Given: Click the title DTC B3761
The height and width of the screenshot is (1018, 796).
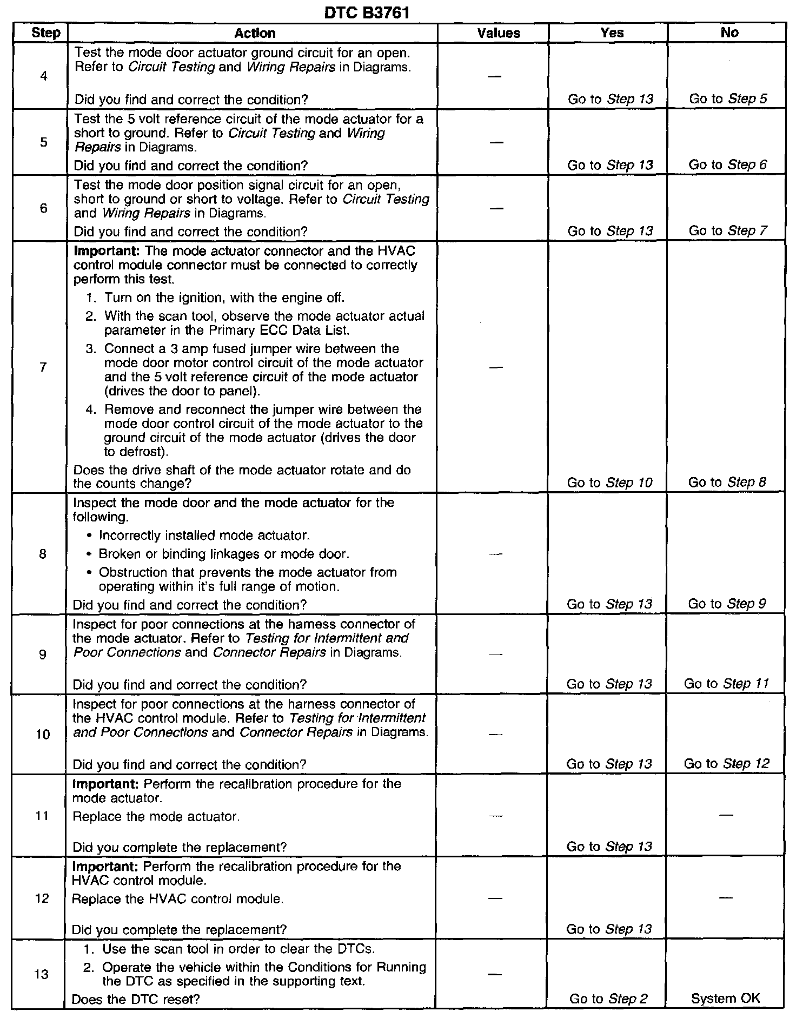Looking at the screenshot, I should tap(366, 12).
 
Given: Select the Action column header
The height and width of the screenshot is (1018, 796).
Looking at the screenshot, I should tap(255, 34).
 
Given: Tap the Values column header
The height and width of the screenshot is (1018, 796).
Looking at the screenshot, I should tap(499, 34).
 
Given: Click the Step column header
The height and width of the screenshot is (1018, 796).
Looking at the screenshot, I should tap(45, 33).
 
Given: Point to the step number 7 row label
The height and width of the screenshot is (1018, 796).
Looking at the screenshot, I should tap(43, 367).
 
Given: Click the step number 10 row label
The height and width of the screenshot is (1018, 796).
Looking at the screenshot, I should tap(43, 734).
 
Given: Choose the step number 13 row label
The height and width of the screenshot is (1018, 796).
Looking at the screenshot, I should tap(42, 974).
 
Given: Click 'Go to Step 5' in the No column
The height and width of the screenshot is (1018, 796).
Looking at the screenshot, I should tap(727, 99).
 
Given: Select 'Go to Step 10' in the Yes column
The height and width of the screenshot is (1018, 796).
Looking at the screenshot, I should tap(609, 482).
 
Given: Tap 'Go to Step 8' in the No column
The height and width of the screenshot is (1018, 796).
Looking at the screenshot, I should tap(727, 482).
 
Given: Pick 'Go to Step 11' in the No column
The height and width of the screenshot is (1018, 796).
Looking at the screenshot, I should tap(726, 684).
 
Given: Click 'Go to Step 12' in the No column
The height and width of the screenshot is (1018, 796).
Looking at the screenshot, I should tap(726, 764).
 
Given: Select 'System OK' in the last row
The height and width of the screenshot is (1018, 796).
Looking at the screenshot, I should tap(725, 999).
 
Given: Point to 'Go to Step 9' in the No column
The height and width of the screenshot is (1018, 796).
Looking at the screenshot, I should tap(727, 604).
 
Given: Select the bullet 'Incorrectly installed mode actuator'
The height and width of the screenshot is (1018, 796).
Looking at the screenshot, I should tap(204, 536).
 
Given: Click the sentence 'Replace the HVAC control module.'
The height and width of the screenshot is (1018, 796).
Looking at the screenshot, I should tap(178, 899).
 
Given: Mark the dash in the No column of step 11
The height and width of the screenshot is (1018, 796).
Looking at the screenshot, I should tap(726, 815).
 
